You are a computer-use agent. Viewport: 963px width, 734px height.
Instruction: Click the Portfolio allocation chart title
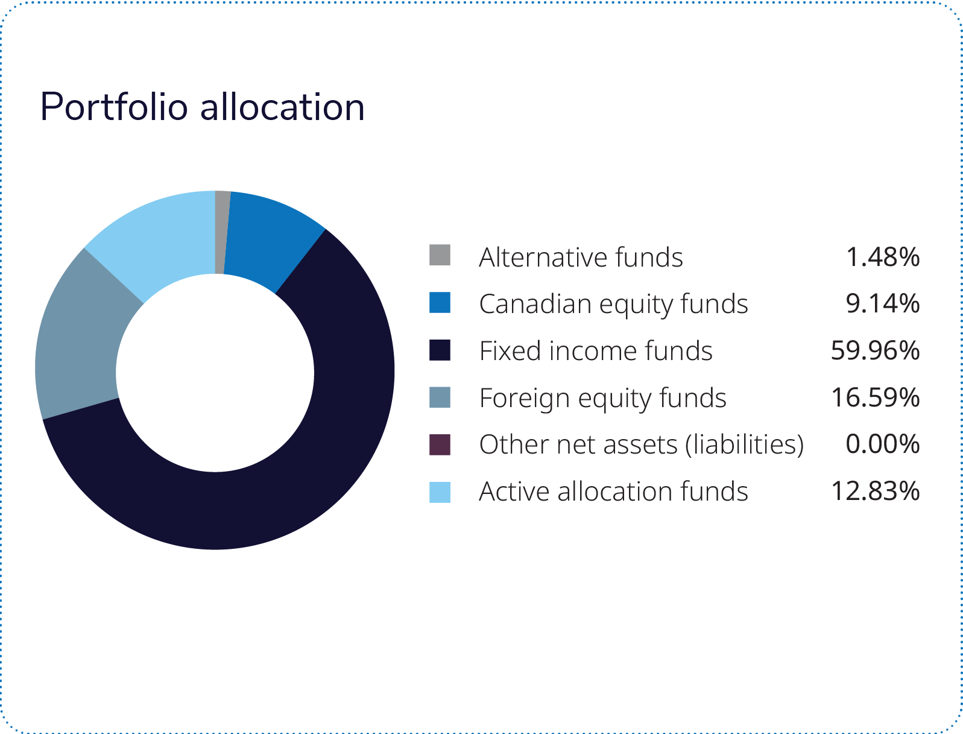tap(202, 107)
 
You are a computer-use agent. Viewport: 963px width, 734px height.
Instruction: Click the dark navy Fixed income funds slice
tap(302, 458)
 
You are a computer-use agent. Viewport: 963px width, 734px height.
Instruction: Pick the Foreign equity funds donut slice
tap(78, 338)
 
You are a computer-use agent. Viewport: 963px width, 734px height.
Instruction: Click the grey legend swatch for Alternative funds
tap(440, 255)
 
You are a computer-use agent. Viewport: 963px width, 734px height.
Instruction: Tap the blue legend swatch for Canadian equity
tap(440, 302)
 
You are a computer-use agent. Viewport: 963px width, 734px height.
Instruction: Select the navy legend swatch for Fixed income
tap(440, 350)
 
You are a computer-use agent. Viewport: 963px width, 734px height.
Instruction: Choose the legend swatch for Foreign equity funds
tap(440, 397)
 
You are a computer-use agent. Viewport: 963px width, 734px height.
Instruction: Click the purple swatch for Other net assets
tap(440, 445)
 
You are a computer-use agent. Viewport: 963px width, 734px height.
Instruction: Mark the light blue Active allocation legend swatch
tap(440, 492)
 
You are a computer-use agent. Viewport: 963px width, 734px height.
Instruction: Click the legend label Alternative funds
tap(581, 257)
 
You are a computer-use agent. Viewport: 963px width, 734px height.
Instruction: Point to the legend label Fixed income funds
tap(596, 351)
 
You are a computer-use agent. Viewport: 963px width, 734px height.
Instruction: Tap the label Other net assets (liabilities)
tap(642, 445)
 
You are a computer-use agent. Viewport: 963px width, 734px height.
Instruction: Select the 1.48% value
tap(883, 257)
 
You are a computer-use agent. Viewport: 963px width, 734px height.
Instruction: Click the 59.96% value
tap(875, 350)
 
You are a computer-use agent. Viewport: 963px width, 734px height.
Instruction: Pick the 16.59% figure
tap(875, 397)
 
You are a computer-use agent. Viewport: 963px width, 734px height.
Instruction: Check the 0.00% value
tap(883, 445)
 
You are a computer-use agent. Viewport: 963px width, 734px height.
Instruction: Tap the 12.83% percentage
tap(875, 492)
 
